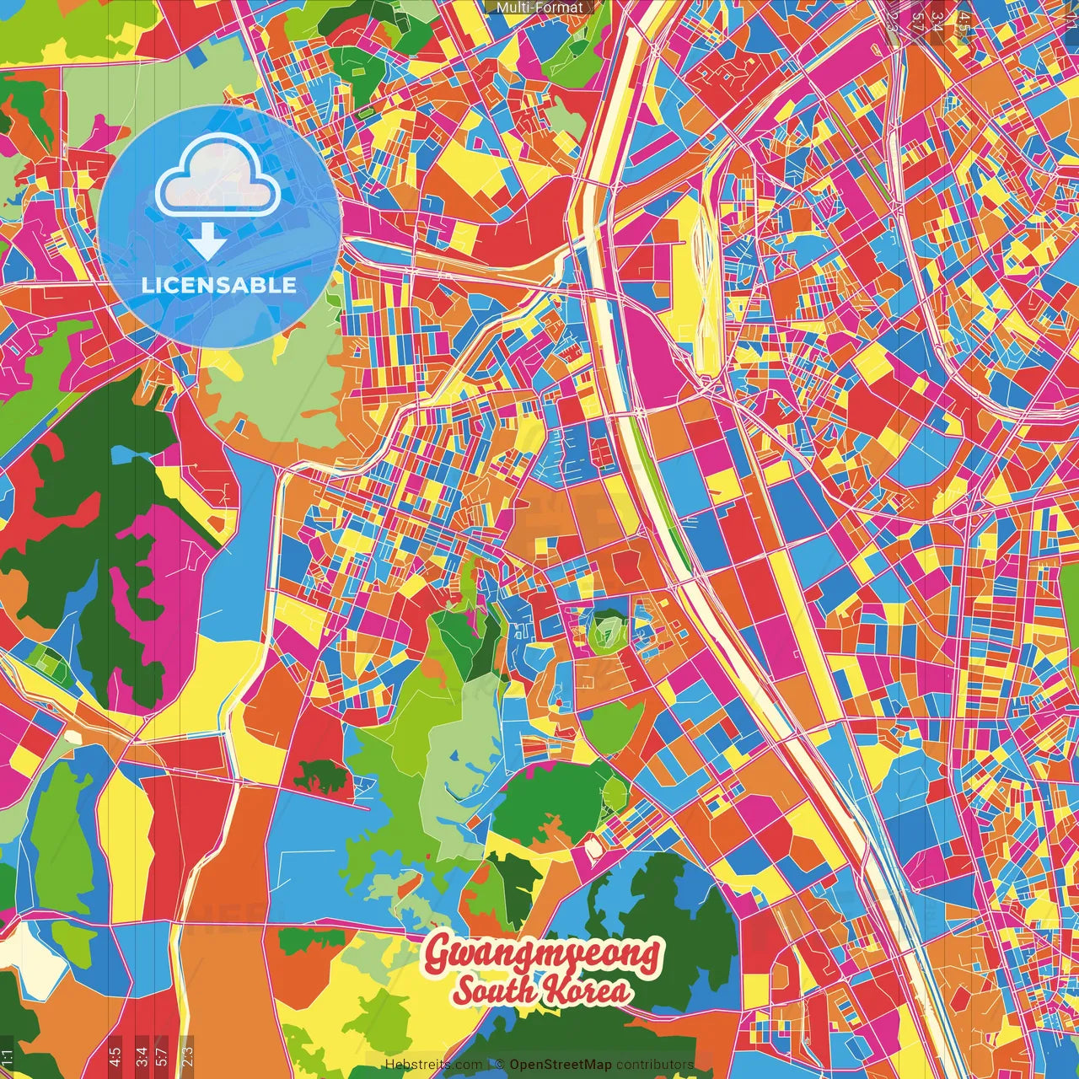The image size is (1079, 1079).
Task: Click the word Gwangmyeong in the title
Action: [x=543, y=955]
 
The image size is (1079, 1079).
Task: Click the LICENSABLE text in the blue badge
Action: [x=219, y=285]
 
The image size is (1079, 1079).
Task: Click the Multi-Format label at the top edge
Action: [x=539, y=8]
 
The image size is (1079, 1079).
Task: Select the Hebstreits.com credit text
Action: [x=433, y=1065]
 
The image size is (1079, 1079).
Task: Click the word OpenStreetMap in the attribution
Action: [x=560, y=1065]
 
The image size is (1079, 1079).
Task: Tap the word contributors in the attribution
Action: [x=654, y=1065]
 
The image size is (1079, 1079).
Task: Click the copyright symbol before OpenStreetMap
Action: [x=499, y=1065]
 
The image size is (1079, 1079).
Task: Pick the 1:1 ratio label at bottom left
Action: [x=8, y=1057]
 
